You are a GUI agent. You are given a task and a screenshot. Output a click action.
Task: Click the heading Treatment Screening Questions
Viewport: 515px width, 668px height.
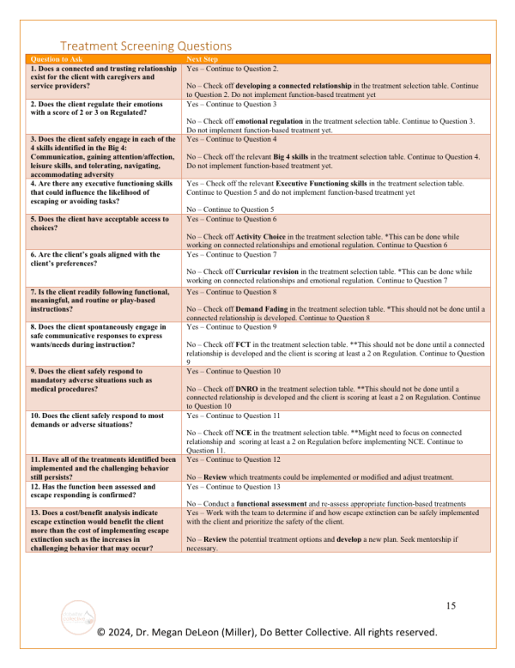(145, 46)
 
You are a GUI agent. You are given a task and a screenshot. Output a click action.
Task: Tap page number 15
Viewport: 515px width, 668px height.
(450, 606)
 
